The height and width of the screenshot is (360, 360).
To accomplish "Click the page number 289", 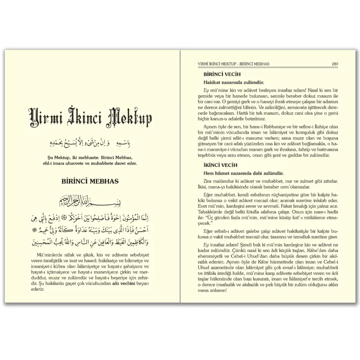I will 335,64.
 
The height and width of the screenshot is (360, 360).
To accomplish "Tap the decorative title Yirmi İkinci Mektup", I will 90,117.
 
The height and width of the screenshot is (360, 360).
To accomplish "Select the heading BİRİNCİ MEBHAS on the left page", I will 90,181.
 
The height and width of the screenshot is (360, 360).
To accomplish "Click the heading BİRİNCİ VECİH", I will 222,74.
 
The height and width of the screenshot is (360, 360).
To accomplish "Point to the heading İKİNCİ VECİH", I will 221,165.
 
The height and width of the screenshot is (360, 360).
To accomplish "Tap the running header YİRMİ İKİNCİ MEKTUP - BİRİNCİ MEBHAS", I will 236,64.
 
